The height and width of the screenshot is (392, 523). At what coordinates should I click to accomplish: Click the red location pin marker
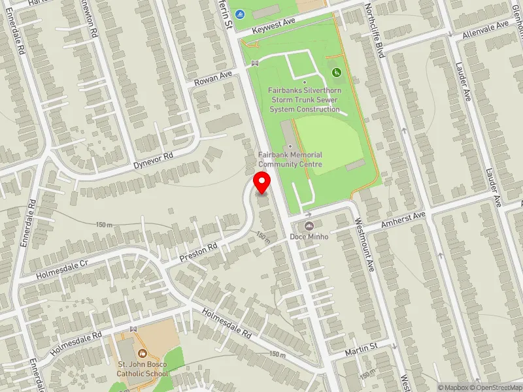pyautogui.click(x=262, y=182)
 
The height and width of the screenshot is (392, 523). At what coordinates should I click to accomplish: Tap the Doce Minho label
pyautogui.click(x=309, y=235)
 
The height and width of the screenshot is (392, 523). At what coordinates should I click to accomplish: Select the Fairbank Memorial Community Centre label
pyautogui.click(x=290, y=159)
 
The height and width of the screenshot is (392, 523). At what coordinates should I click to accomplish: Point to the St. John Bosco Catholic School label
pyautogui.click(x=142, y=368)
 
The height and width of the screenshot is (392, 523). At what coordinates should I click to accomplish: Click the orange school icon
pyautogui.click(x=142, y=353)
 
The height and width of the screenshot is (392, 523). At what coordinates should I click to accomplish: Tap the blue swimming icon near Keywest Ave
pyautogui.click(x=241, y=14)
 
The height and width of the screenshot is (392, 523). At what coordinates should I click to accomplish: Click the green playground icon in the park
pyautogui.click(x=337, y=72)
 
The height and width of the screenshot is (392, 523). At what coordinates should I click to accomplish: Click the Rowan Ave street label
pyautogui.click(x=214, y=79)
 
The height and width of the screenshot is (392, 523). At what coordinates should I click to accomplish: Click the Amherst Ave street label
pyautogui.click(x=403, y=220)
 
